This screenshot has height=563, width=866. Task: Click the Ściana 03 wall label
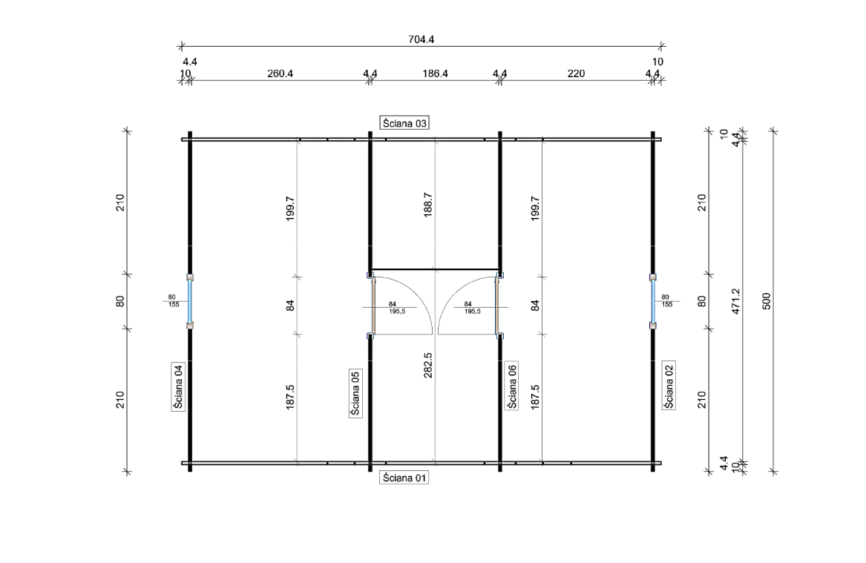(x=404, y=123)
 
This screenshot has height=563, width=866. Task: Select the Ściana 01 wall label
(x=404, y=478)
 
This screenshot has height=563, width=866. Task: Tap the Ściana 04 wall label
(x=178, y=386)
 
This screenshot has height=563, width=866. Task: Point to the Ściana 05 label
(x=355, y=392)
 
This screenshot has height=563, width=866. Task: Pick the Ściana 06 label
(x=512, y=386)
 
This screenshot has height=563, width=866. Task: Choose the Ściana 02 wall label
(x=669, y=385)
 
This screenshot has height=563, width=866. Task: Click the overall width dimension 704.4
(x=421, y=39)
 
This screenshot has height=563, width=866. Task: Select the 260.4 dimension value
(x=280, y=73)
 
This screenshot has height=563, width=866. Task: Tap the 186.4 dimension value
(x=435, y=73)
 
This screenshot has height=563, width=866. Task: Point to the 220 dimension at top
(x=576, y=73)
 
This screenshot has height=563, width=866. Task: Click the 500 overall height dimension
(x=767, y=301)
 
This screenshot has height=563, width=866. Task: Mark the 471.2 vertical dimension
(x=735, y=301)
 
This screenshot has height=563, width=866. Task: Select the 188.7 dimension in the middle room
(x=428, y=205)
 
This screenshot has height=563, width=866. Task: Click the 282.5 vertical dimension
(x=428, y=366)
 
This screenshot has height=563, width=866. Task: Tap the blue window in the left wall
(x=190, y=301)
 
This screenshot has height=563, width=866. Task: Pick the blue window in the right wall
(x=653, y=301)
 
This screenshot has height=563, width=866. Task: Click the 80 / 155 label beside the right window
(x=667, y=301)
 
